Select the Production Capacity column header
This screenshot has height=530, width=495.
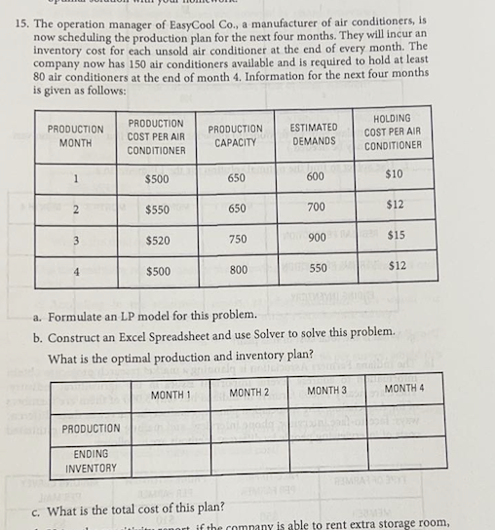pyautogui.click(x=236, y=135)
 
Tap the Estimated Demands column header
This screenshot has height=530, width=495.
pyautogui.click(x=314, y=133)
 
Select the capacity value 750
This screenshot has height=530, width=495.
pyautogui.click(x=237, y=240)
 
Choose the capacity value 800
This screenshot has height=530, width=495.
pyautogui.click(x=237, y=269)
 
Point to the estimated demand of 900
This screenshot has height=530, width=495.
pyautogui.click(x=315, y=238)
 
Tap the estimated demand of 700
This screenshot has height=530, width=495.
pyautogui.click(x=315, y=208)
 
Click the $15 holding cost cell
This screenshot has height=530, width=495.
pyautogui.click(x=396, y=236)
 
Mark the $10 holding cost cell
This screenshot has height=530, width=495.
pyautogui.click(x=393, y=174)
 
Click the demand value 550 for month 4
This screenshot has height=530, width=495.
pyautogui.click(x=315, y=267)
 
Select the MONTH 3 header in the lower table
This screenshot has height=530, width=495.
pyautogui.click(x=327, y=391)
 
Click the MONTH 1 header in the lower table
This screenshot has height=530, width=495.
pyautogui.click(x=171, y=394)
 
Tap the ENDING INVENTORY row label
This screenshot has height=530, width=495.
pyautogui.click(x=87, y=461)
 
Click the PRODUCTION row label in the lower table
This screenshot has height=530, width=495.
pyautogui.click(x=91, y=429)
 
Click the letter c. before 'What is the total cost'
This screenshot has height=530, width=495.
pyautogui.click(x=38, y=508)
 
